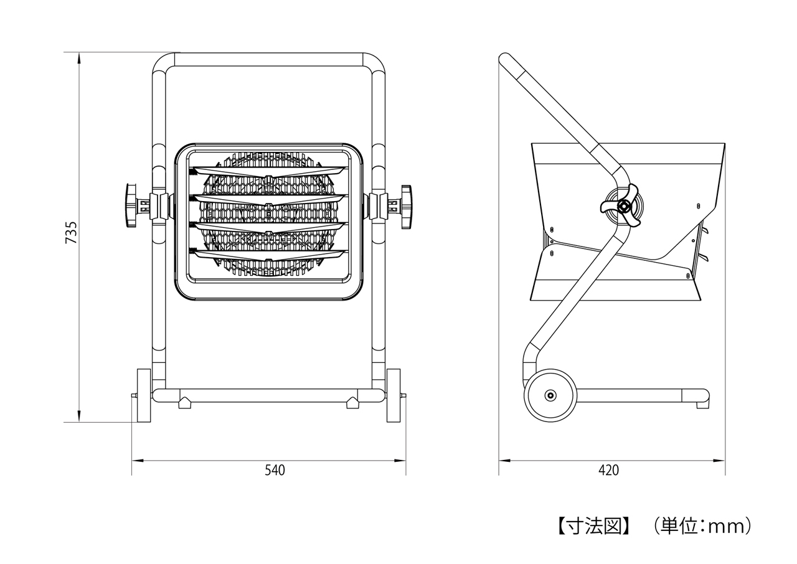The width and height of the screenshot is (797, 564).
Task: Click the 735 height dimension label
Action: point(71,233)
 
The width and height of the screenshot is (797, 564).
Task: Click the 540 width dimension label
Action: point(275,470)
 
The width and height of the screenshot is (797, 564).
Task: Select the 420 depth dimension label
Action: point(609,470)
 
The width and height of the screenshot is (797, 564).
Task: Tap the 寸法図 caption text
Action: point(594,526)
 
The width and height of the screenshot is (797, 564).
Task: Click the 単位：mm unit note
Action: point(702,526)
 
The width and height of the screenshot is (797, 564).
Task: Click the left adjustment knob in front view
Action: point(131,205)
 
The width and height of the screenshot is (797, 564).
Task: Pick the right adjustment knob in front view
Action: point(407,207)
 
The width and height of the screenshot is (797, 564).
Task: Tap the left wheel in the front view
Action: point(144,395)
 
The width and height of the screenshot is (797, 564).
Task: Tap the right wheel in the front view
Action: point(394,395)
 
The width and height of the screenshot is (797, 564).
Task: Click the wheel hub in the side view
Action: point(550,395)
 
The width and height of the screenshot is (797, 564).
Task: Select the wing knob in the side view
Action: point(621,205)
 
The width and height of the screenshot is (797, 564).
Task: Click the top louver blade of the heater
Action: point(269,172)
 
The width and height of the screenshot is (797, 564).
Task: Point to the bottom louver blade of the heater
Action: point(269,256)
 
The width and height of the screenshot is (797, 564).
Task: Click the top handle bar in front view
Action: point(269,59)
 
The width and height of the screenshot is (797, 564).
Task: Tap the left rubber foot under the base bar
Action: point(185,403)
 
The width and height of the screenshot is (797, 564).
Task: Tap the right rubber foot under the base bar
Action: point(353,403)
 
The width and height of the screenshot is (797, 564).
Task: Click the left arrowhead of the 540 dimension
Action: point(138,461)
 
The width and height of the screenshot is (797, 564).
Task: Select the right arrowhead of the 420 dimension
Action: point(719,461)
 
